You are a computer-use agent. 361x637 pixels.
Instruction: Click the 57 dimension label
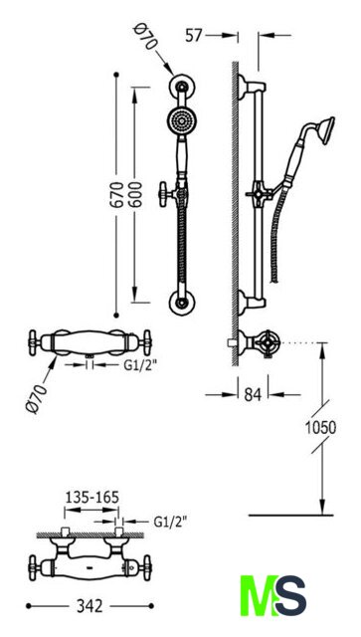pyautogui.click(x=193, y=36)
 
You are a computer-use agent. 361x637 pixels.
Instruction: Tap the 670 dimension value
pyautogui.click(x=117, y=195)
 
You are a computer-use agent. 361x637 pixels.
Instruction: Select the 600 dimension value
pyautogui.click(x=135, y=195)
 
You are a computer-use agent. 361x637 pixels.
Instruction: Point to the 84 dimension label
pyautogui.click(x=253, y=394)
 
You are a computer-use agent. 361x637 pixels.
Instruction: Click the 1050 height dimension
pyautogui.click(x=321, y=427)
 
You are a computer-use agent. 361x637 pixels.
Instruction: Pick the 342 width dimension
pyautogui.click(x=90, y=606)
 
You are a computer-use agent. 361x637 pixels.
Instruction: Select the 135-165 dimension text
pyautogui.click(x=91, y=497)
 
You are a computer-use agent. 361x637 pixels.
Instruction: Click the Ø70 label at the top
pyautogui.click(x=146, y=37)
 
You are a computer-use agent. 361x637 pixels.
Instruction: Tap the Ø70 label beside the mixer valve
pyautogui.click(x=36, y=399)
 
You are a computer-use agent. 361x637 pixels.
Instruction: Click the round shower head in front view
pyautogui.click(x=181, y=120)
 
